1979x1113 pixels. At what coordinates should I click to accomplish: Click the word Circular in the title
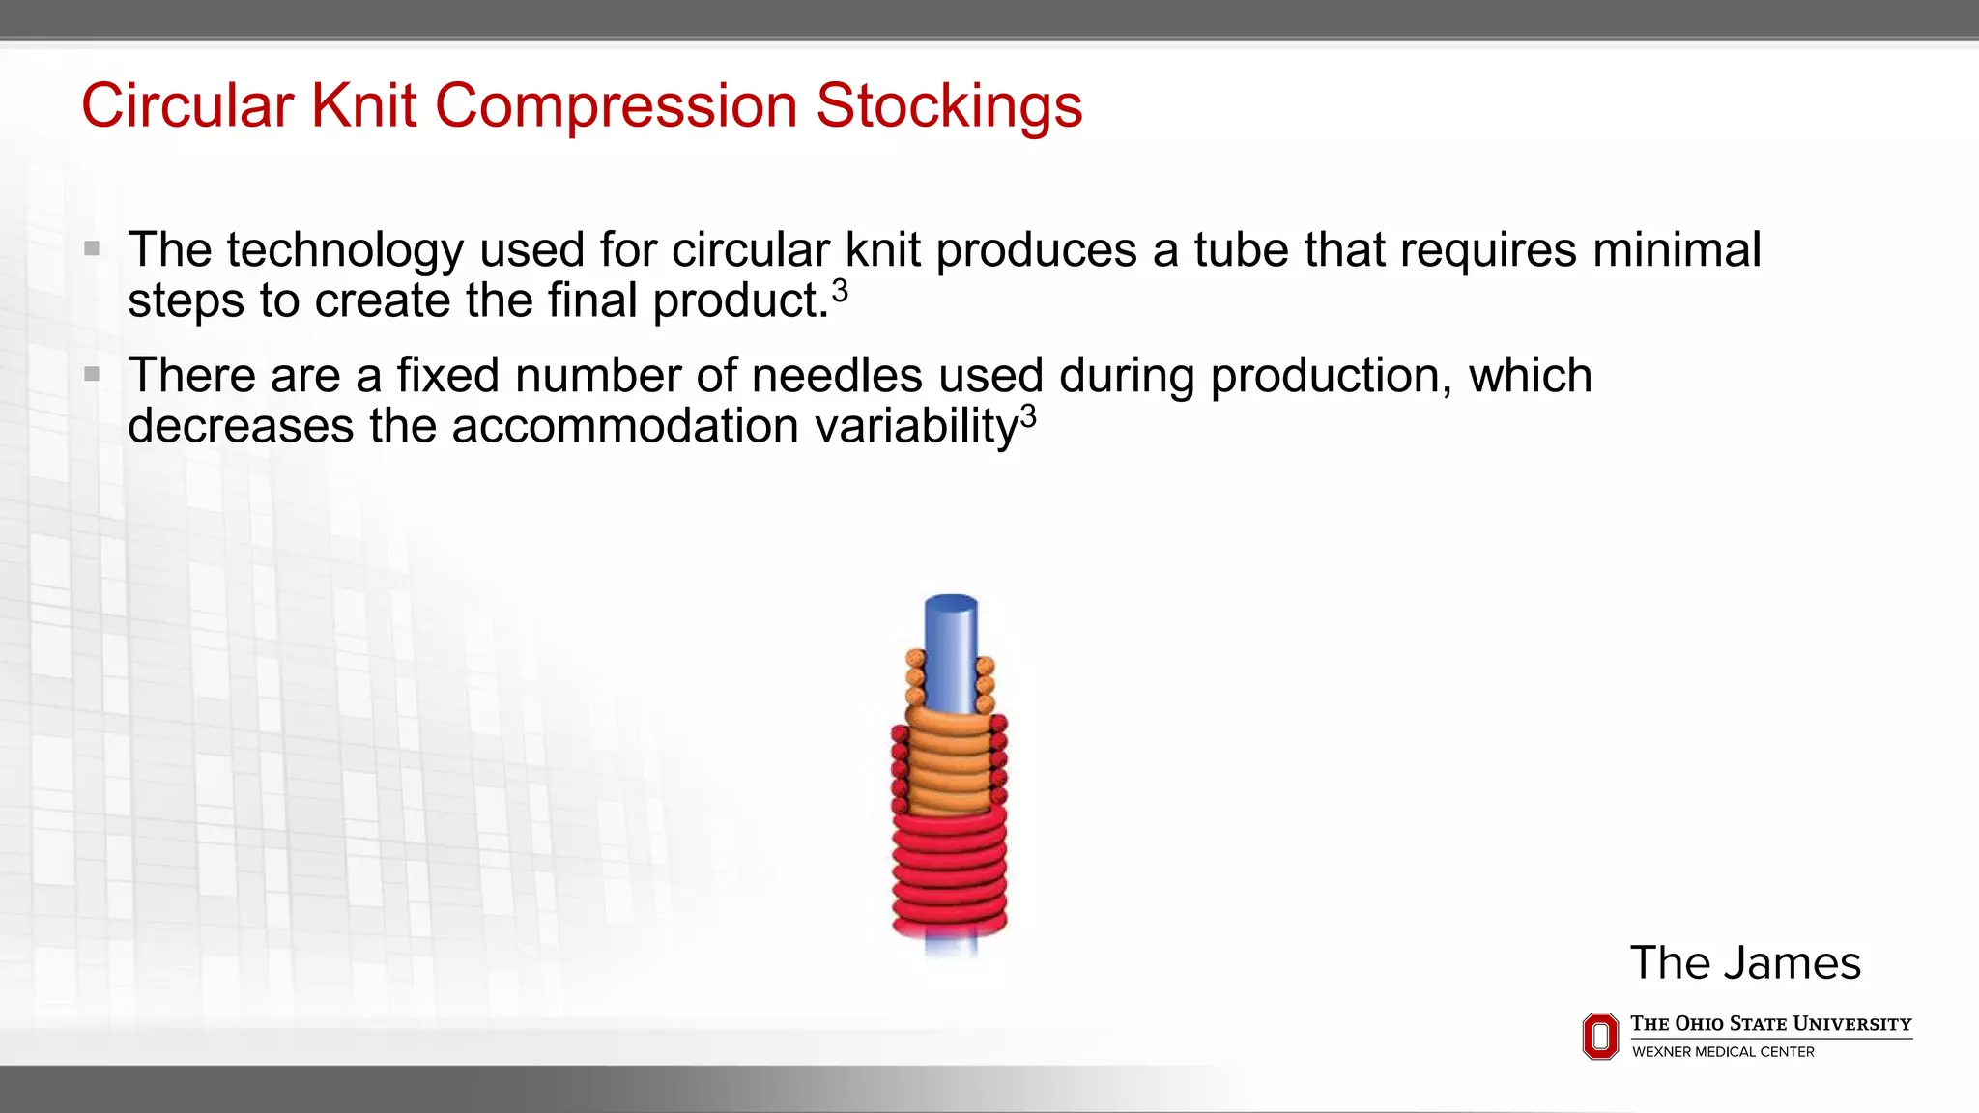tap(187, 105)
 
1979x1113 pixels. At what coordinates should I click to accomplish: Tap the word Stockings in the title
tap(949, 105)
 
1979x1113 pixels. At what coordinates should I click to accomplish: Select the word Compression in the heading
tap(616, 105)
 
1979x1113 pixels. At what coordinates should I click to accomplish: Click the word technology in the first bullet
tap(345, 250)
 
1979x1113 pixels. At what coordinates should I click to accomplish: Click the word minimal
tap(1677, 250)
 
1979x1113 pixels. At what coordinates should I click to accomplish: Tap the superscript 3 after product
tap(840, 291)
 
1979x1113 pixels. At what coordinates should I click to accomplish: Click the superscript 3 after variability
tap(1028, 416)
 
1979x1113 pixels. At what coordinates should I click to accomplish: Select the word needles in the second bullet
tap(837, 376)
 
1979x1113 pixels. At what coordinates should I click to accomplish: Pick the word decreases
tap(241, 426)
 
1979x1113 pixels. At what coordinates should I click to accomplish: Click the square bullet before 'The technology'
tap(92, 249)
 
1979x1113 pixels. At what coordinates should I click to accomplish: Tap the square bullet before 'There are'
tap(92, 374)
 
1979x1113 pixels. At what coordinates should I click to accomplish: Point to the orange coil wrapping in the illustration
tap(951, 763)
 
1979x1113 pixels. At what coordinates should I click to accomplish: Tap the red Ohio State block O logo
tap(1600, 1036)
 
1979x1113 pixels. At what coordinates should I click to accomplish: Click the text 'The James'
tap(1745, 963)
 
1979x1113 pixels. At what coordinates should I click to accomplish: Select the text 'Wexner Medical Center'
tap(1723, 1052)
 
